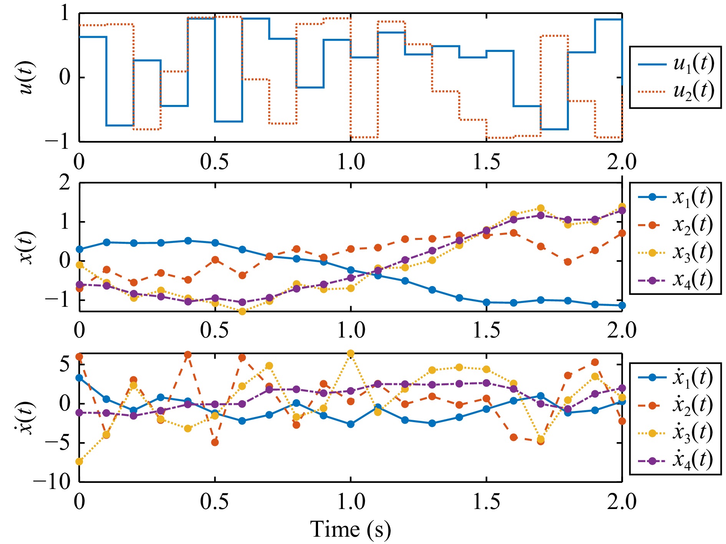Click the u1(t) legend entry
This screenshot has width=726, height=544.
(676, 64)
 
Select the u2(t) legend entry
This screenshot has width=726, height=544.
(676, 91)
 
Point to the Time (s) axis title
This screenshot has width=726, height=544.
(350, 530)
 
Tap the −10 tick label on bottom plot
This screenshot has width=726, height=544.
(52, 481)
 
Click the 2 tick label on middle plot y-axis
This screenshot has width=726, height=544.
(65, 183)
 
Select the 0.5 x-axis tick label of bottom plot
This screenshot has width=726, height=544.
(214, 502)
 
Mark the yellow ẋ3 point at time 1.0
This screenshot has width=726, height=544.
(350, 353)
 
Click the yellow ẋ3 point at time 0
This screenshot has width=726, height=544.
(79, 461)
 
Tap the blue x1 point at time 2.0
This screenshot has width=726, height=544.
(622, 305)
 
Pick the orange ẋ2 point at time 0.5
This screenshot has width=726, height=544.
(215, 443)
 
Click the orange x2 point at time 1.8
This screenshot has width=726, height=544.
(568, 262)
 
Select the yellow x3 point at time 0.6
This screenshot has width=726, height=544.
(242, 311)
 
